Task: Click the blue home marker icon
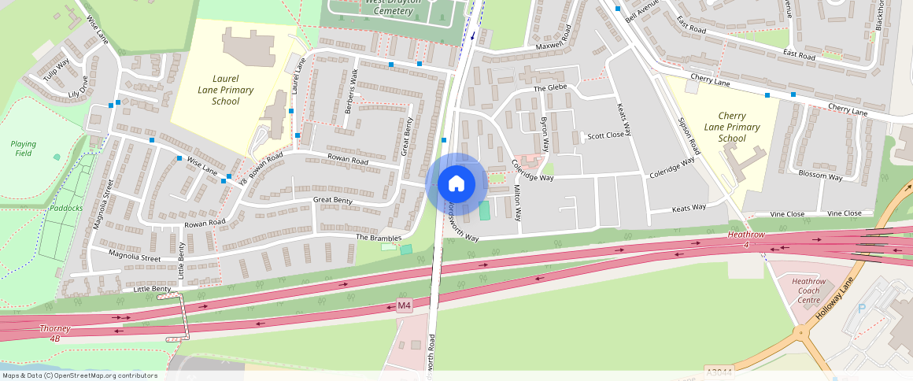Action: [x=456, y=184]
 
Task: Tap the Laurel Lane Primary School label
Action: [x=226, y=90]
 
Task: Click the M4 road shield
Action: [x=405, y=305]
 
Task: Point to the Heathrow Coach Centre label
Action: [x=808, y=290]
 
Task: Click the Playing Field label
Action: [x=24, y=149]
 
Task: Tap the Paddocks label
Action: [x=66, y=209]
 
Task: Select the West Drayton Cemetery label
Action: [x=394, y=6]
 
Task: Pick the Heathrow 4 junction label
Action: [x=744, y=240]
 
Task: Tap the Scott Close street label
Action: [x=605, y=135]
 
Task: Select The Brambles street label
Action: [x=379, y=238]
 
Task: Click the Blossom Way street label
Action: [x=820, y=177]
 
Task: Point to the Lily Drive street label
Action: [x=79, y=87]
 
